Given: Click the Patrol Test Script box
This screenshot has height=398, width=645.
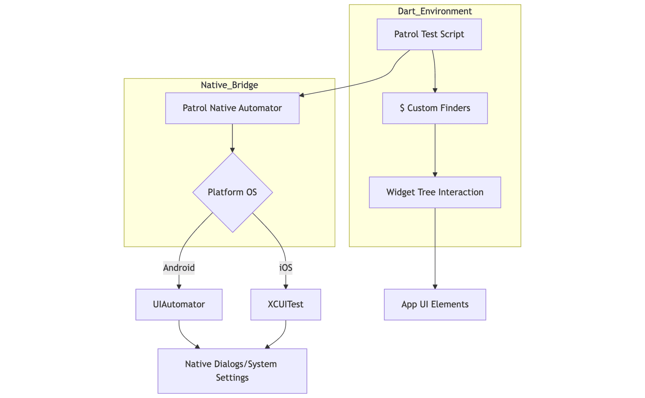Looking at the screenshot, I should click(x=429, y=34).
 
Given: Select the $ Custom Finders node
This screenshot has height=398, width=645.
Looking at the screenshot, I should click(x=435, y=108).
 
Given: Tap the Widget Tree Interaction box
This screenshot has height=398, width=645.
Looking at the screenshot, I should click(x=435, y=192).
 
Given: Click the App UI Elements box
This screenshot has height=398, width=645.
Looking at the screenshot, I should click(x=435, y=304).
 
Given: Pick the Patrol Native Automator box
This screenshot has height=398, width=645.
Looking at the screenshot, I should click(x=232, y=108).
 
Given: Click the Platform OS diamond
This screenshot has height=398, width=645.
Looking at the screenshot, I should click(x=233, y=192).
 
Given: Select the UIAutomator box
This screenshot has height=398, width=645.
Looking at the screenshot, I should click(x=179, y=304).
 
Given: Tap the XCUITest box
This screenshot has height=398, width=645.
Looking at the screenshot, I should click(x=286, y=304).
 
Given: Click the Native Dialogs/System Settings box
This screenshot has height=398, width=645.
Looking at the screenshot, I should click(x=232, y=371).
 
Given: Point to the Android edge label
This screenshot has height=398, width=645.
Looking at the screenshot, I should click(x=179, y=268).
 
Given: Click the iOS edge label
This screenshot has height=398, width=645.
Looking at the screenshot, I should click(x=286, y=268).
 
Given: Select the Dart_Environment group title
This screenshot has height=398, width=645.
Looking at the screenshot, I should click(x=435, y=11).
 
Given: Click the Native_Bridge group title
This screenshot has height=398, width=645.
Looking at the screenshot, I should click(x=229, y=85).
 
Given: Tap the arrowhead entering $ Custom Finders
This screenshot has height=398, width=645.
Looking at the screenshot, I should click(x=435, y=90).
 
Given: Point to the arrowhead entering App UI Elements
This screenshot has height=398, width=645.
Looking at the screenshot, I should click(x=435, y=287).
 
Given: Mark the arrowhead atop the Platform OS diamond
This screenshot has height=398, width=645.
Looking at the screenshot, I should click(x=232, y=150).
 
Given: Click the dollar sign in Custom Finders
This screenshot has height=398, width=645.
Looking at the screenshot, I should click(x=402, y=108).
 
